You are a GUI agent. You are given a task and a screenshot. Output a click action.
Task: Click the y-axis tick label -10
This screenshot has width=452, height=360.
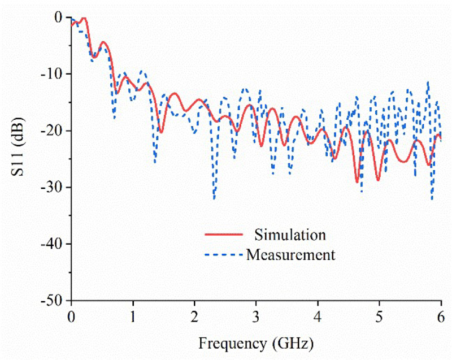tap(53, 74)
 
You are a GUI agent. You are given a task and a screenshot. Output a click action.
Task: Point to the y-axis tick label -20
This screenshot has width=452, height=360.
tap(53, 131)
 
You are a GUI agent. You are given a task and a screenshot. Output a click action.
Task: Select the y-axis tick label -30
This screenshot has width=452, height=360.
tap(53, 187)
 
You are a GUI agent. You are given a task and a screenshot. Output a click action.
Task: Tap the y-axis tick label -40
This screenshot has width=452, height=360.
tap(53, 244)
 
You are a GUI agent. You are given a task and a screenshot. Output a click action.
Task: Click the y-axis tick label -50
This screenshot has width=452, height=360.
tap(53, 300)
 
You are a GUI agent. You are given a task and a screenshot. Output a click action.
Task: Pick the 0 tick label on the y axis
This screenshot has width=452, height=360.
tap(59, 18)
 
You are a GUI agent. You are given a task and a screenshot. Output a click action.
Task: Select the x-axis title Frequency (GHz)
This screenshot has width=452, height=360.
tap(256, 342)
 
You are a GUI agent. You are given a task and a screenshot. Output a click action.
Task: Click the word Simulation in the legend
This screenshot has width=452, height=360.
tap(290, 233)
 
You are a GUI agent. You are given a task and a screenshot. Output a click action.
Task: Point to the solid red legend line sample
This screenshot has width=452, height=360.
tap(223, 233)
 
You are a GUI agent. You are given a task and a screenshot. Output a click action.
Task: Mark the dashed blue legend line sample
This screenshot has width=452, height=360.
tap(223, 254)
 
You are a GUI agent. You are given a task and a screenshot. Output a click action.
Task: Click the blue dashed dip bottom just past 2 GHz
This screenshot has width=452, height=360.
tap(214, 198)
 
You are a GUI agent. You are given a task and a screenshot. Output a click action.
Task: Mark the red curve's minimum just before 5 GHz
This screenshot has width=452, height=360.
tap(357, 182)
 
